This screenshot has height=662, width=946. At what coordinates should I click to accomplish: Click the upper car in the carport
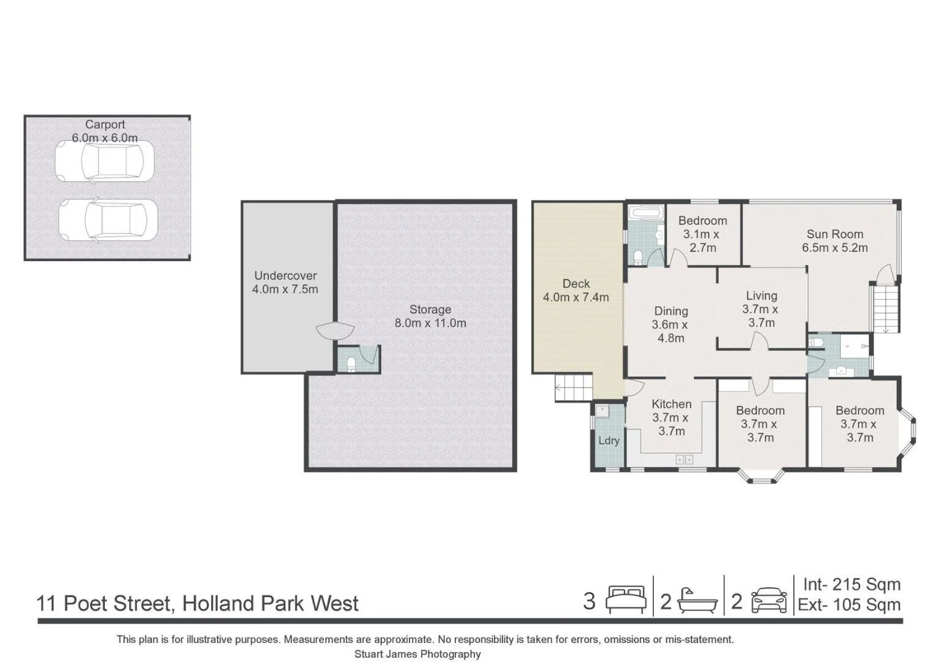tap(105, 161)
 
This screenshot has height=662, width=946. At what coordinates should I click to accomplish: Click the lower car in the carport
tap(108, 220)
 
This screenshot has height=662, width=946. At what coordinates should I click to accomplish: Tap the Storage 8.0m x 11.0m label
tap(430, 316)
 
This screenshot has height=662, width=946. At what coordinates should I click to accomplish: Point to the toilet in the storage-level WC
tap(351, 365)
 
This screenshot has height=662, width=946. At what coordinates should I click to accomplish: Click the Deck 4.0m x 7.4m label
tap(576, 291)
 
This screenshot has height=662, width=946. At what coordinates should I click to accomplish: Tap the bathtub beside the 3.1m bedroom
tap(644, 213)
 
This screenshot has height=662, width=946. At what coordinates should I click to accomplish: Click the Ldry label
tap(609, 441)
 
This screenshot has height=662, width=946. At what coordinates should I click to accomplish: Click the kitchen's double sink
tap(685, 460)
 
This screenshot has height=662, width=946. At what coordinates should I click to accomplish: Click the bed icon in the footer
tap(626, 599)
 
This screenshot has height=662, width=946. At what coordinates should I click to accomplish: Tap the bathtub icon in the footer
tap(698, 601)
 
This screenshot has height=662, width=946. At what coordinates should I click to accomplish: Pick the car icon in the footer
tap(769, 599)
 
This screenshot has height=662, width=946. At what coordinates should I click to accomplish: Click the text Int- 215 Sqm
tap(852, 584)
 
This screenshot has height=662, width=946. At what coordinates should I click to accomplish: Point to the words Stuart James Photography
tap(417, 654)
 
